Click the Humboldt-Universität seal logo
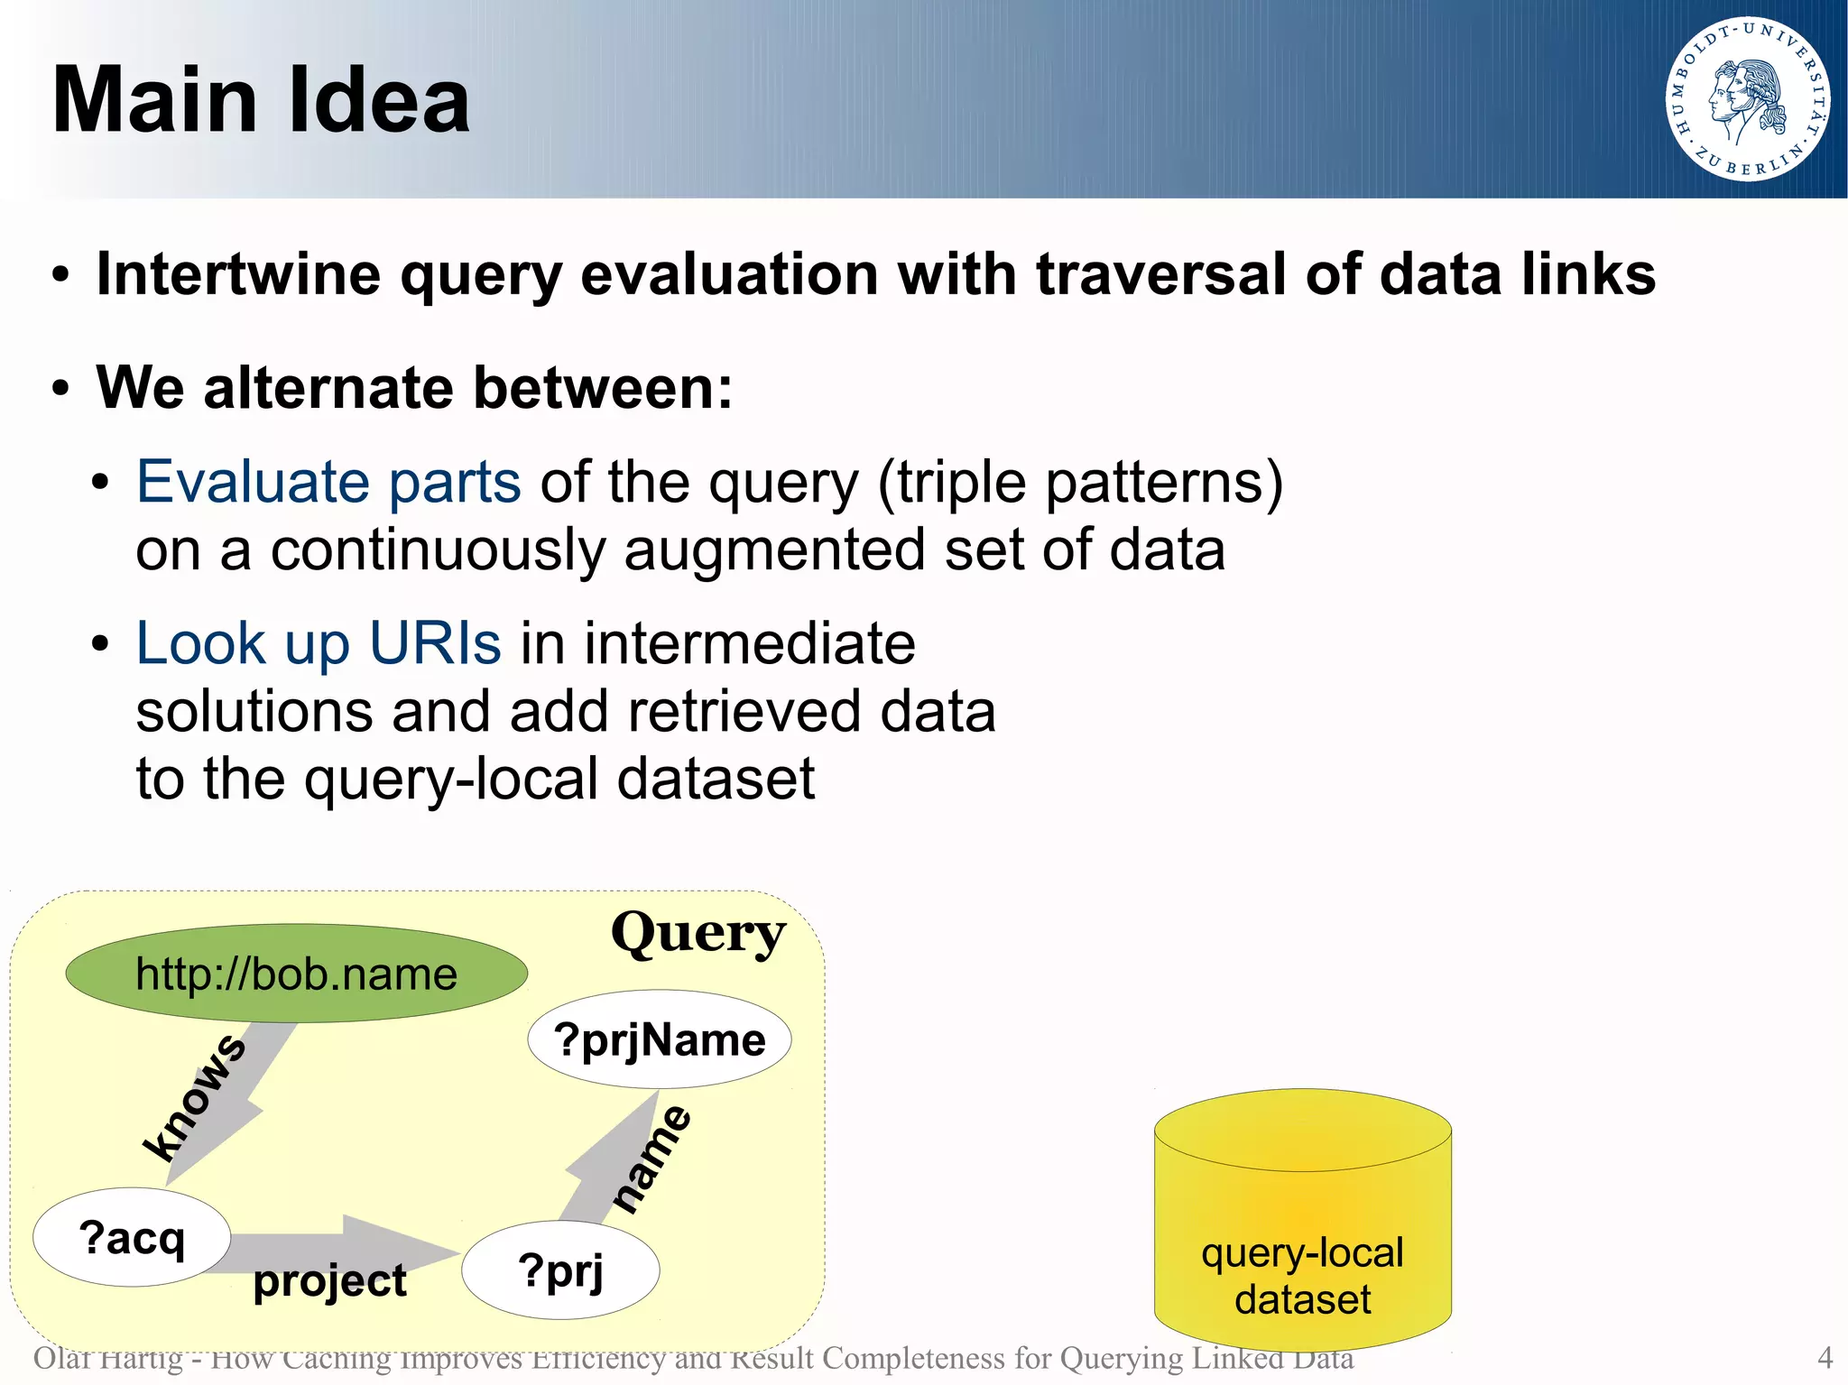click(1747, 99)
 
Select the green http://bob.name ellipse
click(296, 974)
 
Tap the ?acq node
click(132, 1237)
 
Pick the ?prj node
click(560, 1270)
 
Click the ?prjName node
click(660, 1039)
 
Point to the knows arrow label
click(194, 1097)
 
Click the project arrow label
click(329, 1280)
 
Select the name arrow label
click(651, 1159)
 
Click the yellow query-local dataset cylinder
click(1302, 1227)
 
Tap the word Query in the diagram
click(698, 933)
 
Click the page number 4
click(1825, 1357)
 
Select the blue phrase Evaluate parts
click(328, 482)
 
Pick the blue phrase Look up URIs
click(318, 643)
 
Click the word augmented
click(773, 549)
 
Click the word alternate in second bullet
click(328, 388)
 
